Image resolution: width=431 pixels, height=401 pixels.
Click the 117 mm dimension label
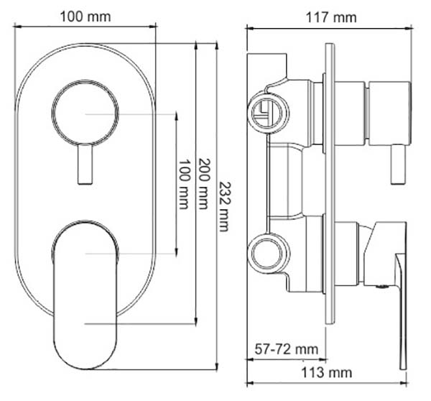(x=331, y=18)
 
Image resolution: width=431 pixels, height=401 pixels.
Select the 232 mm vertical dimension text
(x=225, y=207)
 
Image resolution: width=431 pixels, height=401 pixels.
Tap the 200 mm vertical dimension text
(x=204, y=184)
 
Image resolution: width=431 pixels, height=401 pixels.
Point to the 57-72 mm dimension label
(x=286, y=349)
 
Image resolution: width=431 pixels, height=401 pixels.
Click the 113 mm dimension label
(x=327, y=373)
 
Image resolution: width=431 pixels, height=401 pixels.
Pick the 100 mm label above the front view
(x=85, y=17)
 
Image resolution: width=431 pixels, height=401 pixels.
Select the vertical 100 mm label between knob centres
(x=184, y=184)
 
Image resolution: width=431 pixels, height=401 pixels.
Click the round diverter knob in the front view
(x=85, y=113)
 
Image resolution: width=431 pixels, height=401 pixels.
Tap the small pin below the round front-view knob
(x=85, y=164)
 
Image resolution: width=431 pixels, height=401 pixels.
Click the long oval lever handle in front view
(x=85, y=295)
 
